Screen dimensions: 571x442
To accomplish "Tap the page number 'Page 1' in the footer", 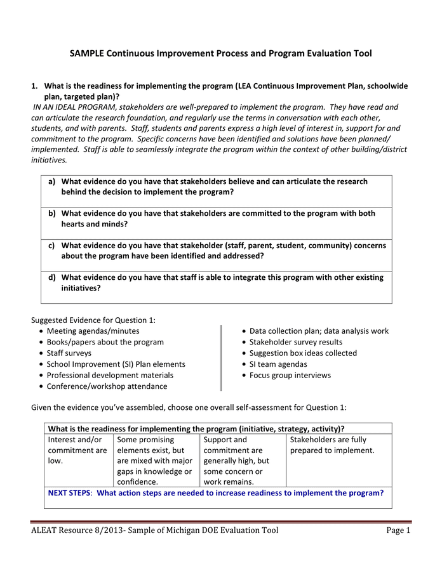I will coord(398,530).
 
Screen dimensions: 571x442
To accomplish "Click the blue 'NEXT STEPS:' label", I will coord(71,492).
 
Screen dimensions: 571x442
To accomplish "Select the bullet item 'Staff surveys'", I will coord(69,353).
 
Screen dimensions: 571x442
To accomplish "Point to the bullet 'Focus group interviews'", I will coord(290,375).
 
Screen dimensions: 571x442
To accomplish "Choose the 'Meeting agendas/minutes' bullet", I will coord(93,331).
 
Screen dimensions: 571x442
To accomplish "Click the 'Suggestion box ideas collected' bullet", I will coord(303,353).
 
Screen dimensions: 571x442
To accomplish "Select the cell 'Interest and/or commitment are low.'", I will coord(77,450).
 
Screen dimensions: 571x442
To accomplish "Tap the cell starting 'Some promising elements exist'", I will coord(154,461).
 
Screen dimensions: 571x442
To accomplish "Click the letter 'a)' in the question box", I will coord(52,181).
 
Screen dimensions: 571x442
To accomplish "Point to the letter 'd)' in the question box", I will coord(52,277).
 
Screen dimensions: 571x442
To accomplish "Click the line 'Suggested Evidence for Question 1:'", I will coord(93,320).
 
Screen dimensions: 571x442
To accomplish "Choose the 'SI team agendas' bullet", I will coord(278,364).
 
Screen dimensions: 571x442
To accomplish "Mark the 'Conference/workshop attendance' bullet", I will coord(107,386).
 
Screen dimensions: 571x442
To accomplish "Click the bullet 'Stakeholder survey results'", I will coord(296,342).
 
